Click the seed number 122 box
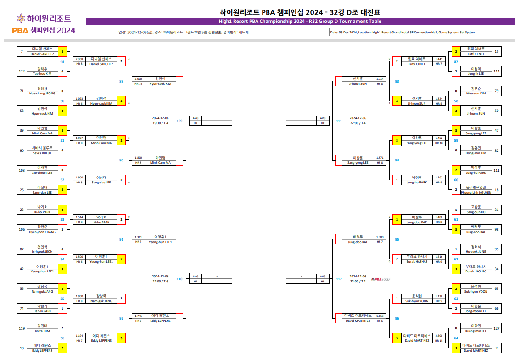pyautogui.click(x=22, y=71)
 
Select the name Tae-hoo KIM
pyautogui.click(x=42, y=73)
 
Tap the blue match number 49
pyautogui.click(x=62, y=61)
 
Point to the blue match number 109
pyautogui.click(x=179, y=121)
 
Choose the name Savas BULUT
pyautogui.click(x=42, y=152)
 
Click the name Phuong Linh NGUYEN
pyautogui.click(x=475, y=192)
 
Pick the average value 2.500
pyautogui.click(x=439, y=336)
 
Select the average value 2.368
pyautogui.click(x=79, y=59)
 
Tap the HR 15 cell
pyautogui.click(x=439, y=341)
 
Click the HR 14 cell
pyautogui.click(x=139, y=84)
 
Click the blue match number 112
pyautogui.click(x=339, y=279)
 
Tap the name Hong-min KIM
pyautogui.click(x=475, y=153)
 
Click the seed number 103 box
pyautogui.click(x=22, y=170)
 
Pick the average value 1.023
pyautogui.click(x=79, y=99)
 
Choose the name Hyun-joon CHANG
pyautogui.click(x=42, y=232)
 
